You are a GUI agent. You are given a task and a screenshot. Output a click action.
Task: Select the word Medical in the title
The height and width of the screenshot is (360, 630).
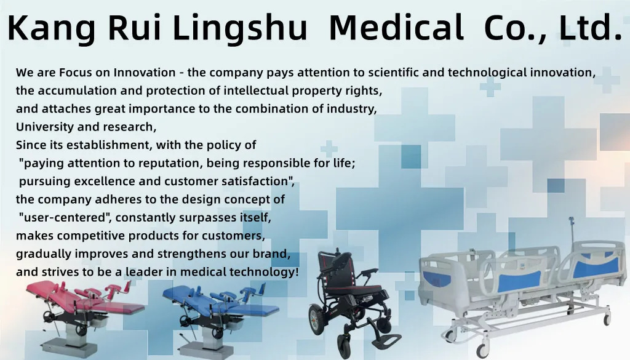396,28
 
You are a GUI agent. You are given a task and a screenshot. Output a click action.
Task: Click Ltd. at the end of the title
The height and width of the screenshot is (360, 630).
590,28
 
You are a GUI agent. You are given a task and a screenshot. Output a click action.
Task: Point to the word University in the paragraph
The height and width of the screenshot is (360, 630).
42,127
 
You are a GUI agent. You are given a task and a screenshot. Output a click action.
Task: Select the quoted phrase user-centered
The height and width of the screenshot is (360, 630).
66,217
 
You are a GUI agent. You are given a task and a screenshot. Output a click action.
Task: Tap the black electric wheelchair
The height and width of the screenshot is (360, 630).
348,295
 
